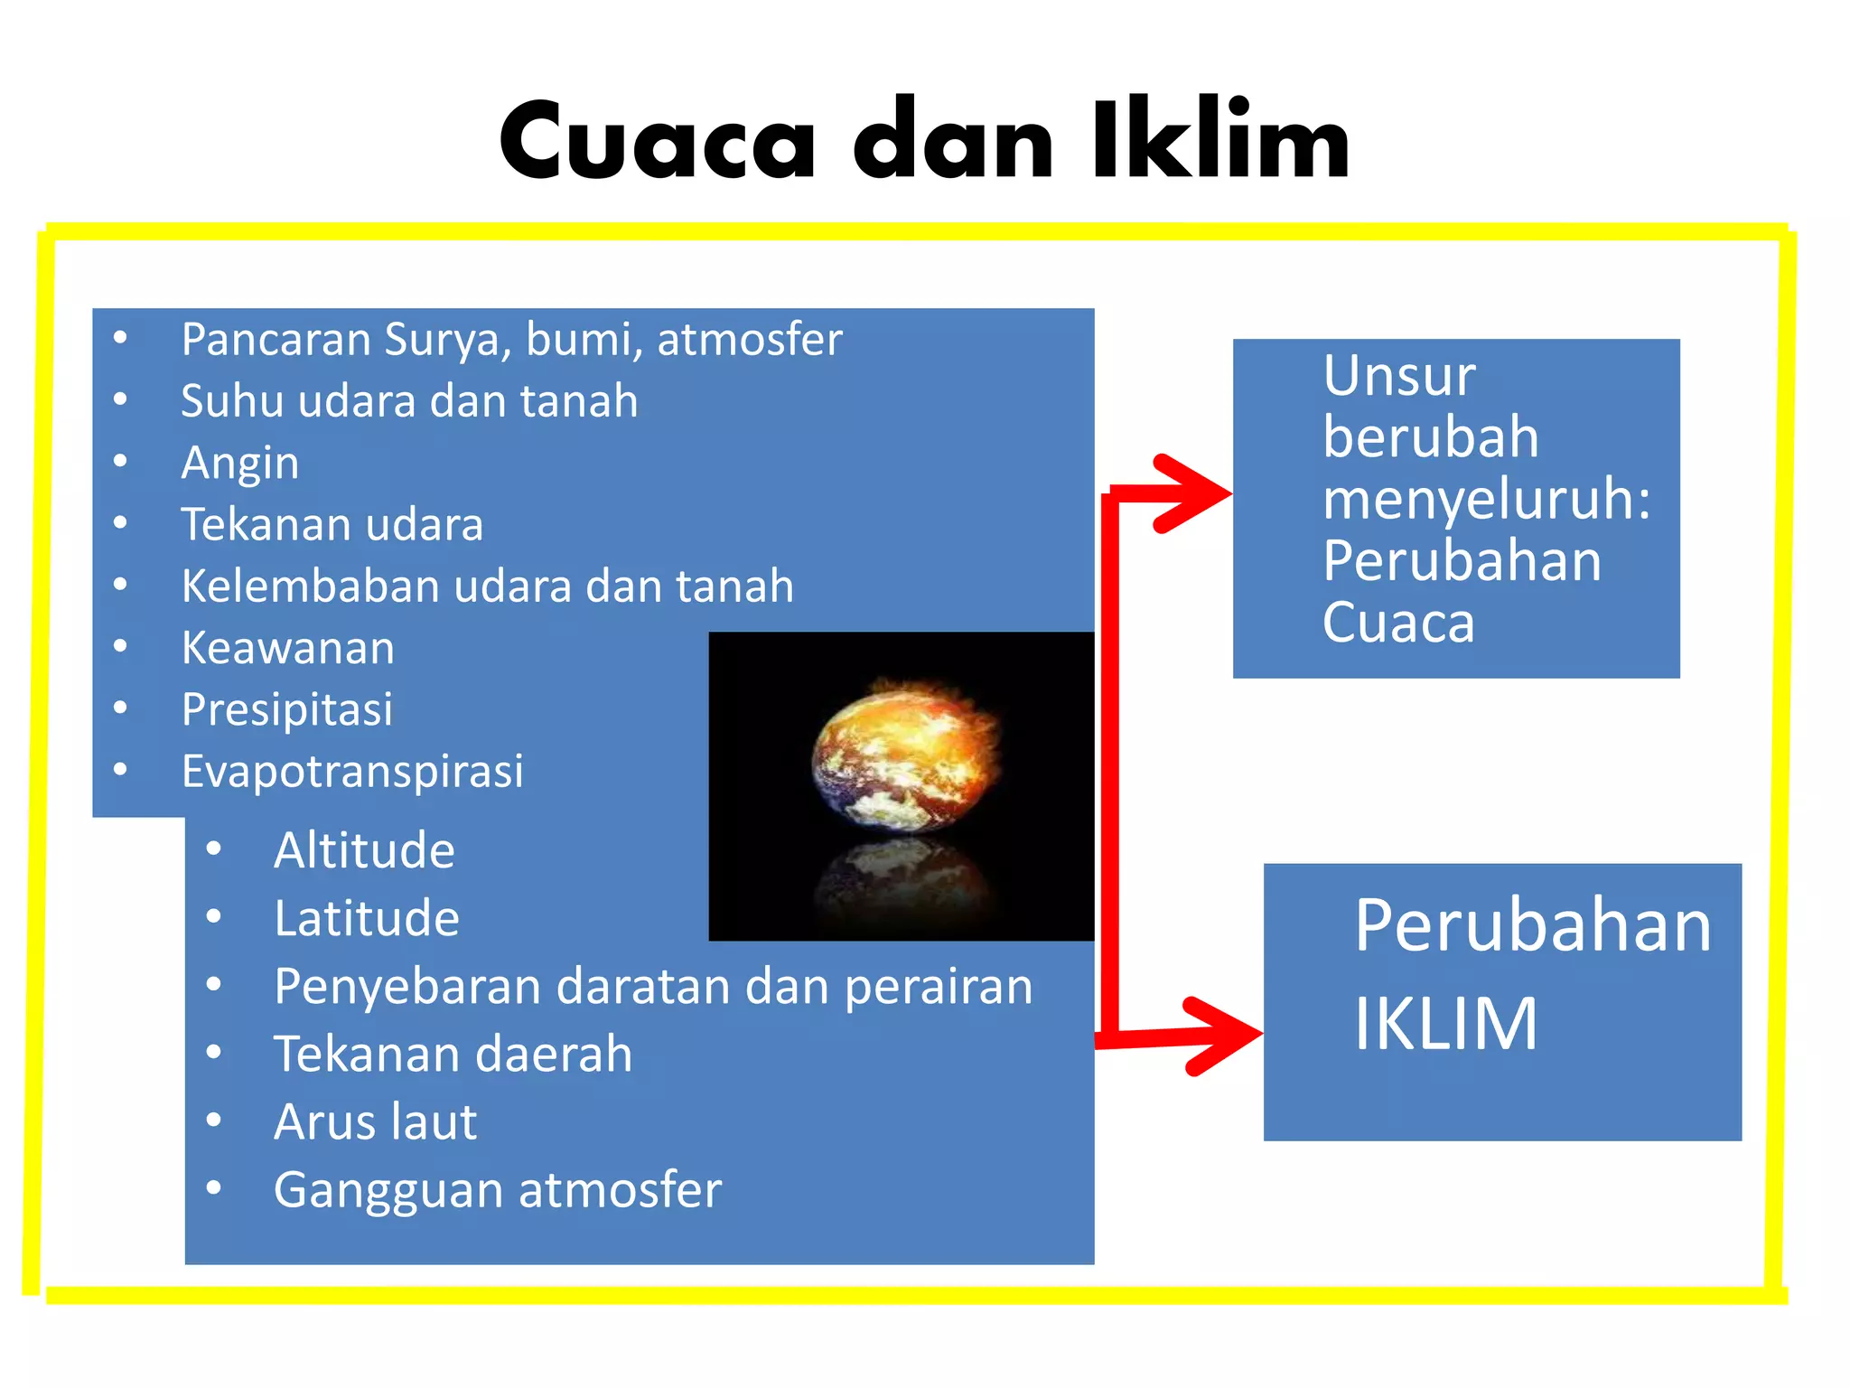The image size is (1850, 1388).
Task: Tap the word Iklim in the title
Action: pyautogui.click(x=1219, y=141)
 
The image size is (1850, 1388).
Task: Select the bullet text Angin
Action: pyautogui.click(x=239, y=464)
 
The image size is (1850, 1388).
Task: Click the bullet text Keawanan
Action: pyautogui.click(x=288, y=648)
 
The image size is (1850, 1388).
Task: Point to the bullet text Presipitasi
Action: pyautogui.click(x=287, y=709)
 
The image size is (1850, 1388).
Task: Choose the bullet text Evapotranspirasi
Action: pyautogui.click(x=352, y=772)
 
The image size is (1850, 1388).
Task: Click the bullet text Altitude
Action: pyautogui.click(x=364, y=850)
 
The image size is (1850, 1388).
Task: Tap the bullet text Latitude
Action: pyautogui.click(x=367, y=918)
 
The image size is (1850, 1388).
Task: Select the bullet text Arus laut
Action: pyautogui.click(x=375, y=1122)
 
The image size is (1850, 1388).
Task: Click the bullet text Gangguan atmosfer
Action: pyautogui.click(x=498, y=1190)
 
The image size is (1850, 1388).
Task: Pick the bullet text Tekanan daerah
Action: pyautogui.click(x=453, y=1055)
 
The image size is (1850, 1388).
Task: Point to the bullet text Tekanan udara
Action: pyautogui.click(x=332, y=525)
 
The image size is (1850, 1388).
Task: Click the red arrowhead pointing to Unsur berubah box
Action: pyautogui.click(x=1197, y=493)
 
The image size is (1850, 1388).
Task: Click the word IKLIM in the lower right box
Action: pyautogui.click(x=1445, y=1024)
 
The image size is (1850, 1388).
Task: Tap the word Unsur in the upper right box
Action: pyautogui.click(x=1399, y=376)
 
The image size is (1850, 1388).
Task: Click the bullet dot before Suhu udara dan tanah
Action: pyautogui.click(x=120, y=399)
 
